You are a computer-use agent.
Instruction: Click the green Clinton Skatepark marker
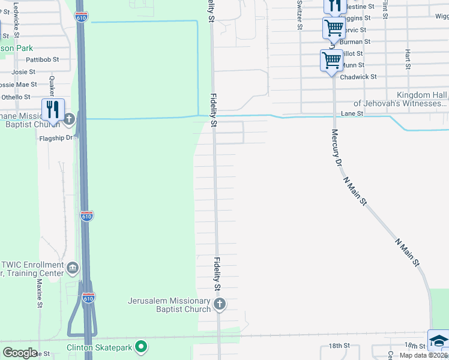[141, 346]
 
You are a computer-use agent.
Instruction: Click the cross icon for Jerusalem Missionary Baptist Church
[219, 304]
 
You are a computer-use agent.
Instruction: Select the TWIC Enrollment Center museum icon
[73, 267]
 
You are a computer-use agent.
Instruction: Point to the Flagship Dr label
[55, 137]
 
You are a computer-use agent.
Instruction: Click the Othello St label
[16, 97]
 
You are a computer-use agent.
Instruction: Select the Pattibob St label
[42, 60]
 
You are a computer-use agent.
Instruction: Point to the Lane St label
[352, 113]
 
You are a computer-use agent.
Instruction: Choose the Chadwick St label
[358, 77]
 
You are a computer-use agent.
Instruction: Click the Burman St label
[355, 42]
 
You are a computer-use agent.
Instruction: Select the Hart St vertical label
[408, 59]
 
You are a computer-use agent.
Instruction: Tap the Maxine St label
[40, 292]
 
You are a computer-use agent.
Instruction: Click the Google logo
[20, 352]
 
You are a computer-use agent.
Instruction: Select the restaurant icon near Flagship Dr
[53, 109]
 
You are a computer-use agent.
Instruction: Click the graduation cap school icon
[438, 340]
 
